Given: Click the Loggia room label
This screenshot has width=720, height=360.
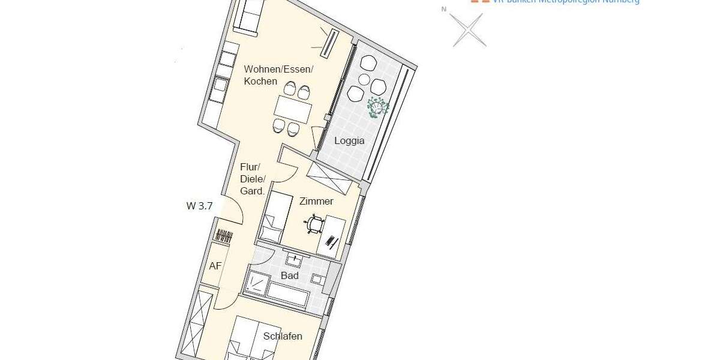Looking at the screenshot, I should tap(349, 141).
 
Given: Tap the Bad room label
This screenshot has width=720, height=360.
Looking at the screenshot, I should tap(290, 276).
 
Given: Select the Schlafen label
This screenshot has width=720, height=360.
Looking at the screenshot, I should tap(283, 336).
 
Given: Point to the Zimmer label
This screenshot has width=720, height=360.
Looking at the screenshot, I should tap(316, 202).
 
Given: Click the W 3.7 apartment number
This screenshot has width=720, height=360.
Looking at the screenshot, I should tap(199, 206).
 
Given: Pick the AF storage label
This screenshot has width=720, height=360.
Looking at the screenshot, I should tap(215, 266).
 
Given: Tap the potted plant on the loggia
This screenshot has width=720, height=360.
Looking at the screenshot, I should tap(378, 107).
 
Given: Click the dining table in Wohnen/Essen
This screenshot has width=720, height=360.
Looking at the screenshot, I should tap(293, 110).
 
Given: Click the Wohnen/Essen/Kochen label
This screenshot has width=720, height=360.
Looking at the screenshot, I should tap(278, 75).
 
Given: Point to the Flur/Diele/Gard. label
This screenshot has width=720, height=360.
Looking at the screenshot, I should tap(253, 179).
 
